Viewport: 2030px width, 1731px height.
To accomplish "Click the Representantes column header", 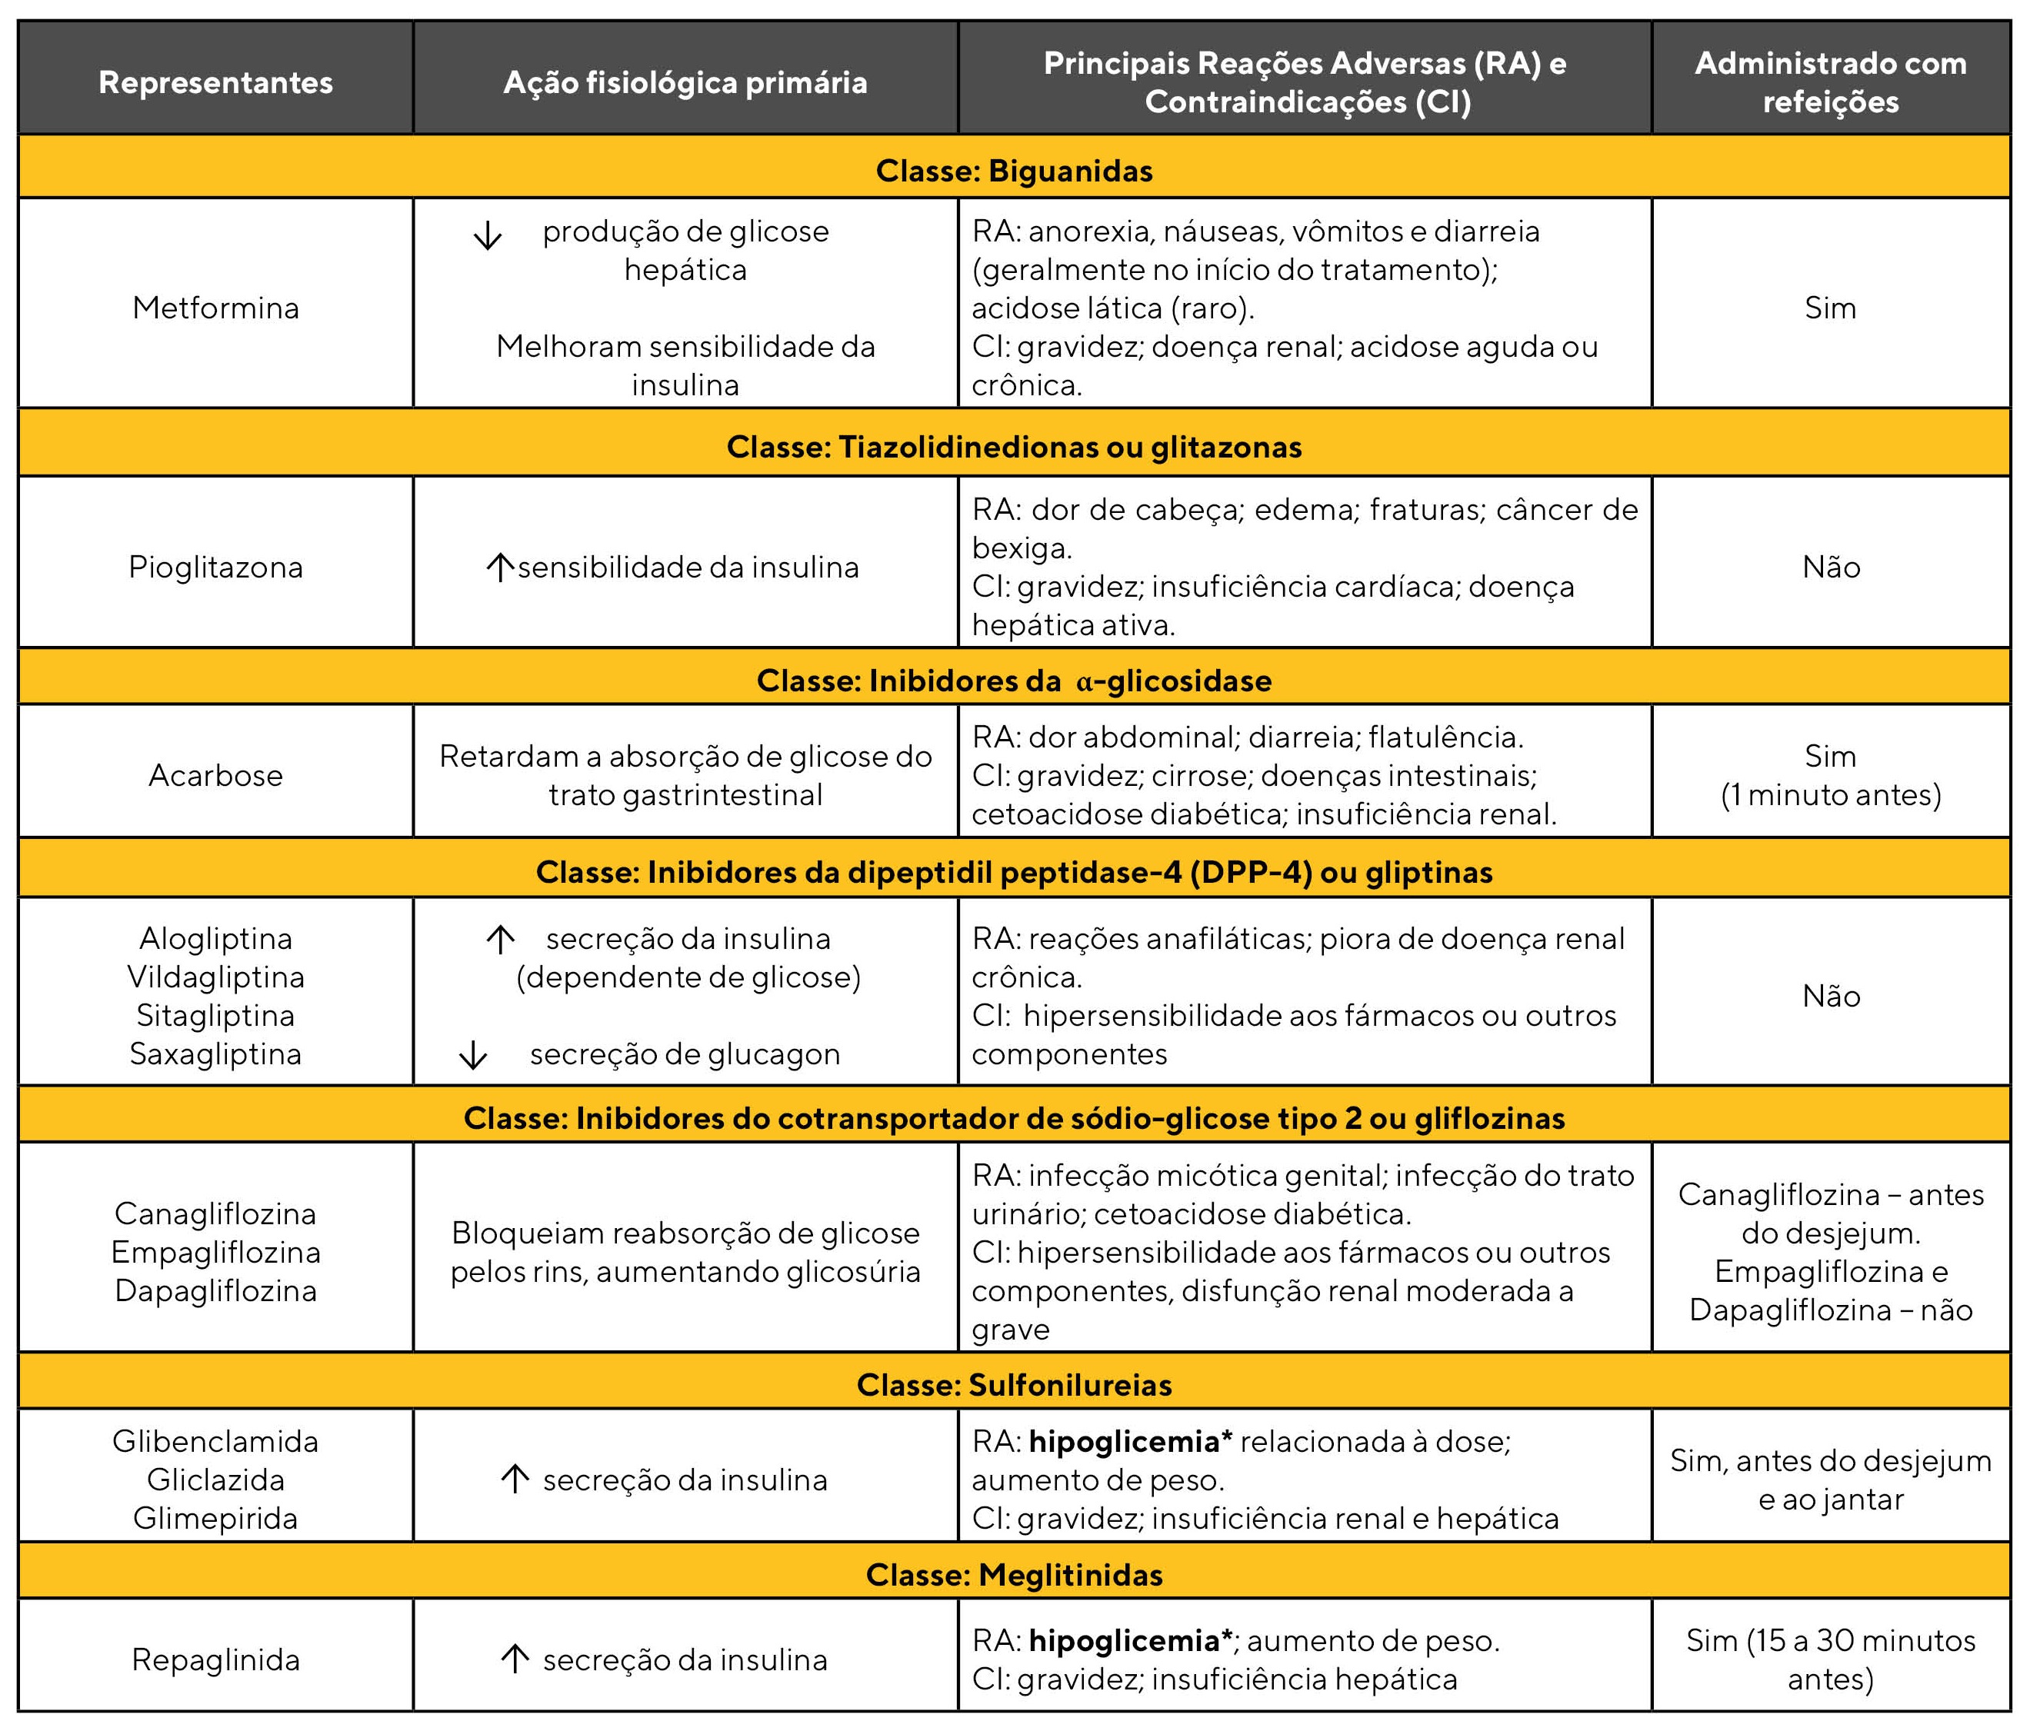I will point(215,82).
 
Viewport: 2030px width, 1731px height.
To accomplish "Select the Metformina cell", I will point(215,308).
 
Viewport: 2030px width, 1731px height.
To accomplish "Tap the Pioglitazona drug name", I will point(215,568).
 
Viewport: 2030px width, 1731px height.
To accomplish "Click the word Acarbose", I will point(215,775).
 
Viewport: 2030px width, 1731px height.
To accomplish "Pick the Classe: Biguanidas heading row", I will point(1014,171).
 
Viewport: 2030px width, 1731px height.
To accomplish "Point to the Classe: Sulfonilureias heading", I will point(1014,1384).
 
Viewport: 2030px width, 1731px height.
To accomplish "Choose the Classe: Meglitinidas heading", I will point(1014,1574).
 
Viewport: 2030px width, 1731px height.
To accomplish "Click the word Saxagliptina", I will point(215,1054).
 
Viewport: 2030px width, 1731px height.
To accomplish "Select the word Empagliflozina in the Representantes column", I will point(215,1252).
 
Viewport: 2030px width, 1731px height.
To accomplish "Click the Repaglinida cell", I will point(215,1659).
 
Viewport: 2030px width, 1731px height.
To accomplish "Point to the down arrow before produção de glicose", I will point(487,235).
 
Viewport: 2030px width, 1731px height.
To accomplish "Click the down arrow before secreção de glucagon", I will point(473,1055).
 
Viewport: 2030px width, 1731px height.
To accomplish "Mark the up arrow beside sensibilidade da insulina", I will point(500,568).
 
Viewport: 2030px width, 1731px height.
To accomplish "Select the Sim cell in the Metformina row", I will point(1830,308).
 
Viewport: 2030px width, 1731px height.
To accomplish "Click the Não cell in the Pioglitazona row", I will point(1830,568).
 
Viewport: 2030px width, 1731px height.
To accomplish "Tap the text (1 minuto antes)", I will point(1830,794).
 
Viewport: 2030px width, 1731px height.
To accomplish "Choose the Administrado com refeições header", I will point(1830,82).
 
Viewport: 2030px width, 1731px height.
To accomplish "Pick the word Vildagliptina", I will point(215,977).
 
